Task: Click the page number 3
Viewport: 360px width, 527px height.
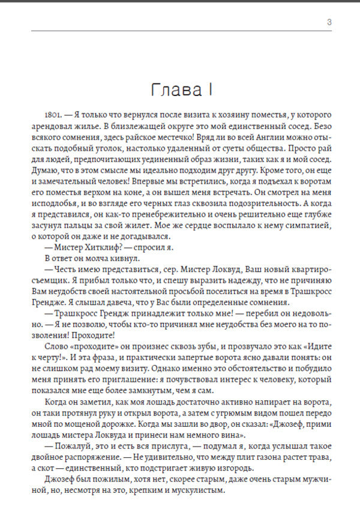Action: point(329,23)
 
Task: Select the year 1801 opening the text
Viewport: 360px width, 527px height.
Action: point(53,113)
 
